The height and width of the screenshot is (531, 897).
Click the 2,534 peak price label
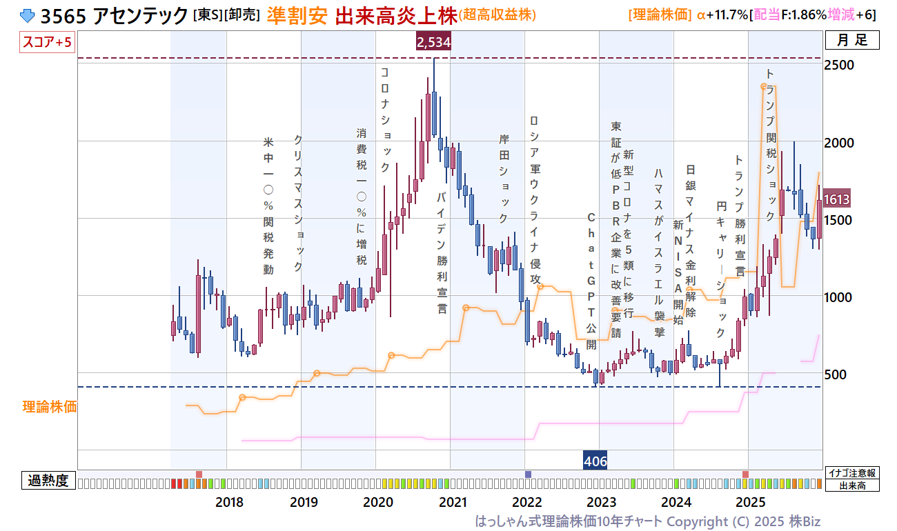tap(434, 43)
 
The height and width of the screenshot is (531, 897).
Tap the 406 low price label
tap(595, 461)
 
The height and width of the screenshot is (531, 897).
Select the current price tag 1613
tap(836, 199)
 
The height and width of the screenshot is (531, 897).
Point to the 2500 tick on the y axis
tap(840, 65)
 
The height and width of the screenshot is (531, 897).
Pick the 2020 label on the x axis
tap(378, 501)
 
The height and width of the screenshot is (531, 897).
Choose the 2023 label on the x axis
tap(601, 501)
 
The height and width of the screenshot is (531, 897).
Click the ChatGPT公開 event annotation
tap(591, 281)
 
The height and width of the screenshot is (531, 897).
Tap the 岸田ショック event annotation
tap(504, 179)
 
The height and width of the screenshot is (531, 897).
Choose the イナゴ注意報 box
tap(852, 473)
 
